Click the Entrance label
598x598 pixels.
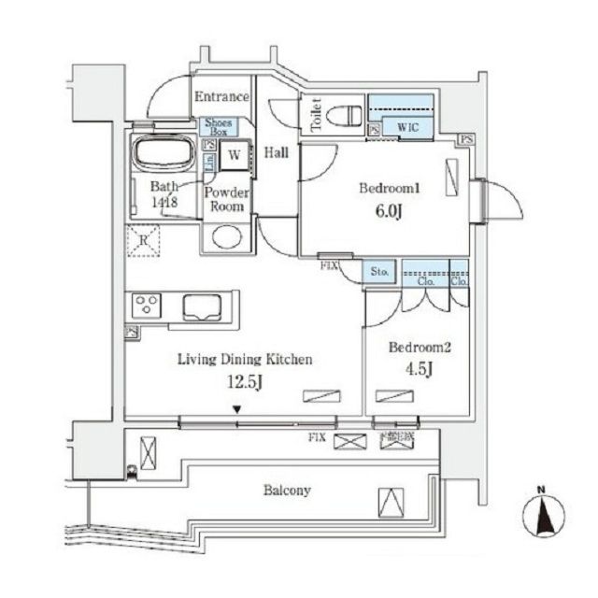coord(221,96)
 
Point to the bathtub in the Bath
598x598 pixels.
coord(163,154)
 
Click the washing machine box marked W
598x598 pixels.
coord(235,156)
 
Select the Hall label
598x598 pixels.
coord(276,152)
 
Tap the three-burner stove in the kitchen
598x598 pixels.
coord(147,306)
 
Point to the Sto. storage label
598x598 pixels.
coord(380,273)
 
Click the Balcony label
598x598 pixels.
coord(287,490)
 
